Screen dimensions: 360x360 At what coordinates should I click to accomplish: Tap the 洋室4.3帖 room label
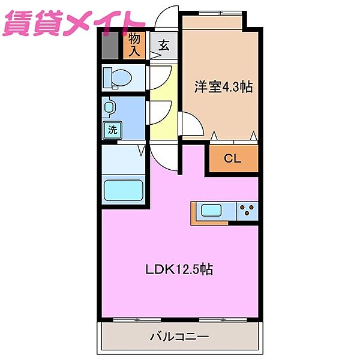pos(223,87)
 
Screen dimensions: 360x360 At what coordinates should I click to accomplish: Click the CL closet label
pos(233,159)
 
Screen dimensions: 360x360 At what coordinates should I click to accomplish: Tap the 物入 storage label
pos(135,44)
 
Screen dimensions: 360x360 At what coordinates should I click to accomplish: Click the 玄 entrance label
pos(163,45)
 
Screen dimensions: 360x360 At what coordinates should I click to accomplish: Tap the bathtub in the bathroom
pos(123,191)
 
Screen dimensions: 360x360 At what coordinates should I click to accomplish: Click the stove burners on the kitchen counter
pos(246,211)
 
